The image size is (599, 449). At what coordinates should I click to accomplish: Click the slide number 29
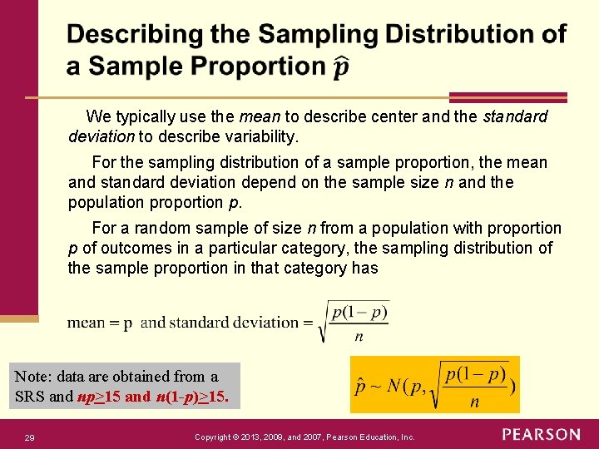[x=30, y=437]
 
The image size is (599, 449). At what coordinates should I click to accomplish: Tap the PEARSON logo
[x=541, y=435]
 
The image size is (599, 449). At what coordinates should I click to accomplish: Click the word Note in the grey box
[x=32, y=377]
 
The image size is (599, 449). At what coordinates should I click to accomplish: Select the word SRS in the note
[x=31, y=397]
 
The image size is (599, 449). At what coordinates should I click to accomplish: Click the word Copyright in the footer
[x=218, y=437]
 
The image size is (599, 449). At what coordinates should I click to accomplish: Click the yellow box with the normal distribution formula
[x=434, y=384]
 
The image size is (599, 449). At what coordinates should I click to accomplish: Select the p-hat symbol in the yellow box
[x=360, y=386]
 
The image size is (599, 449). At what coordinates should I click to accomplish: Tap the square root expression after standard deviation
[x=354, y=321]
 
